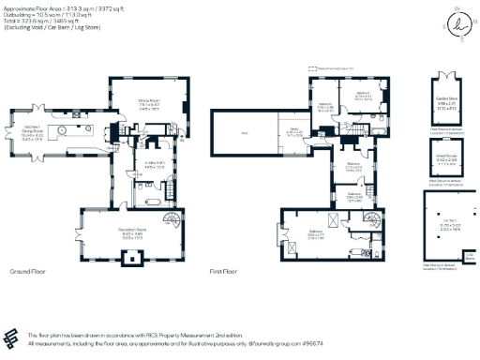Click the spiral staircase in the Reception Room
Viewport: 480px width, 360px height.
[x=171, y=221]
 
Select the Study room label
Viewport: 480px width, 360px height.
[x=292, y=132]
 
